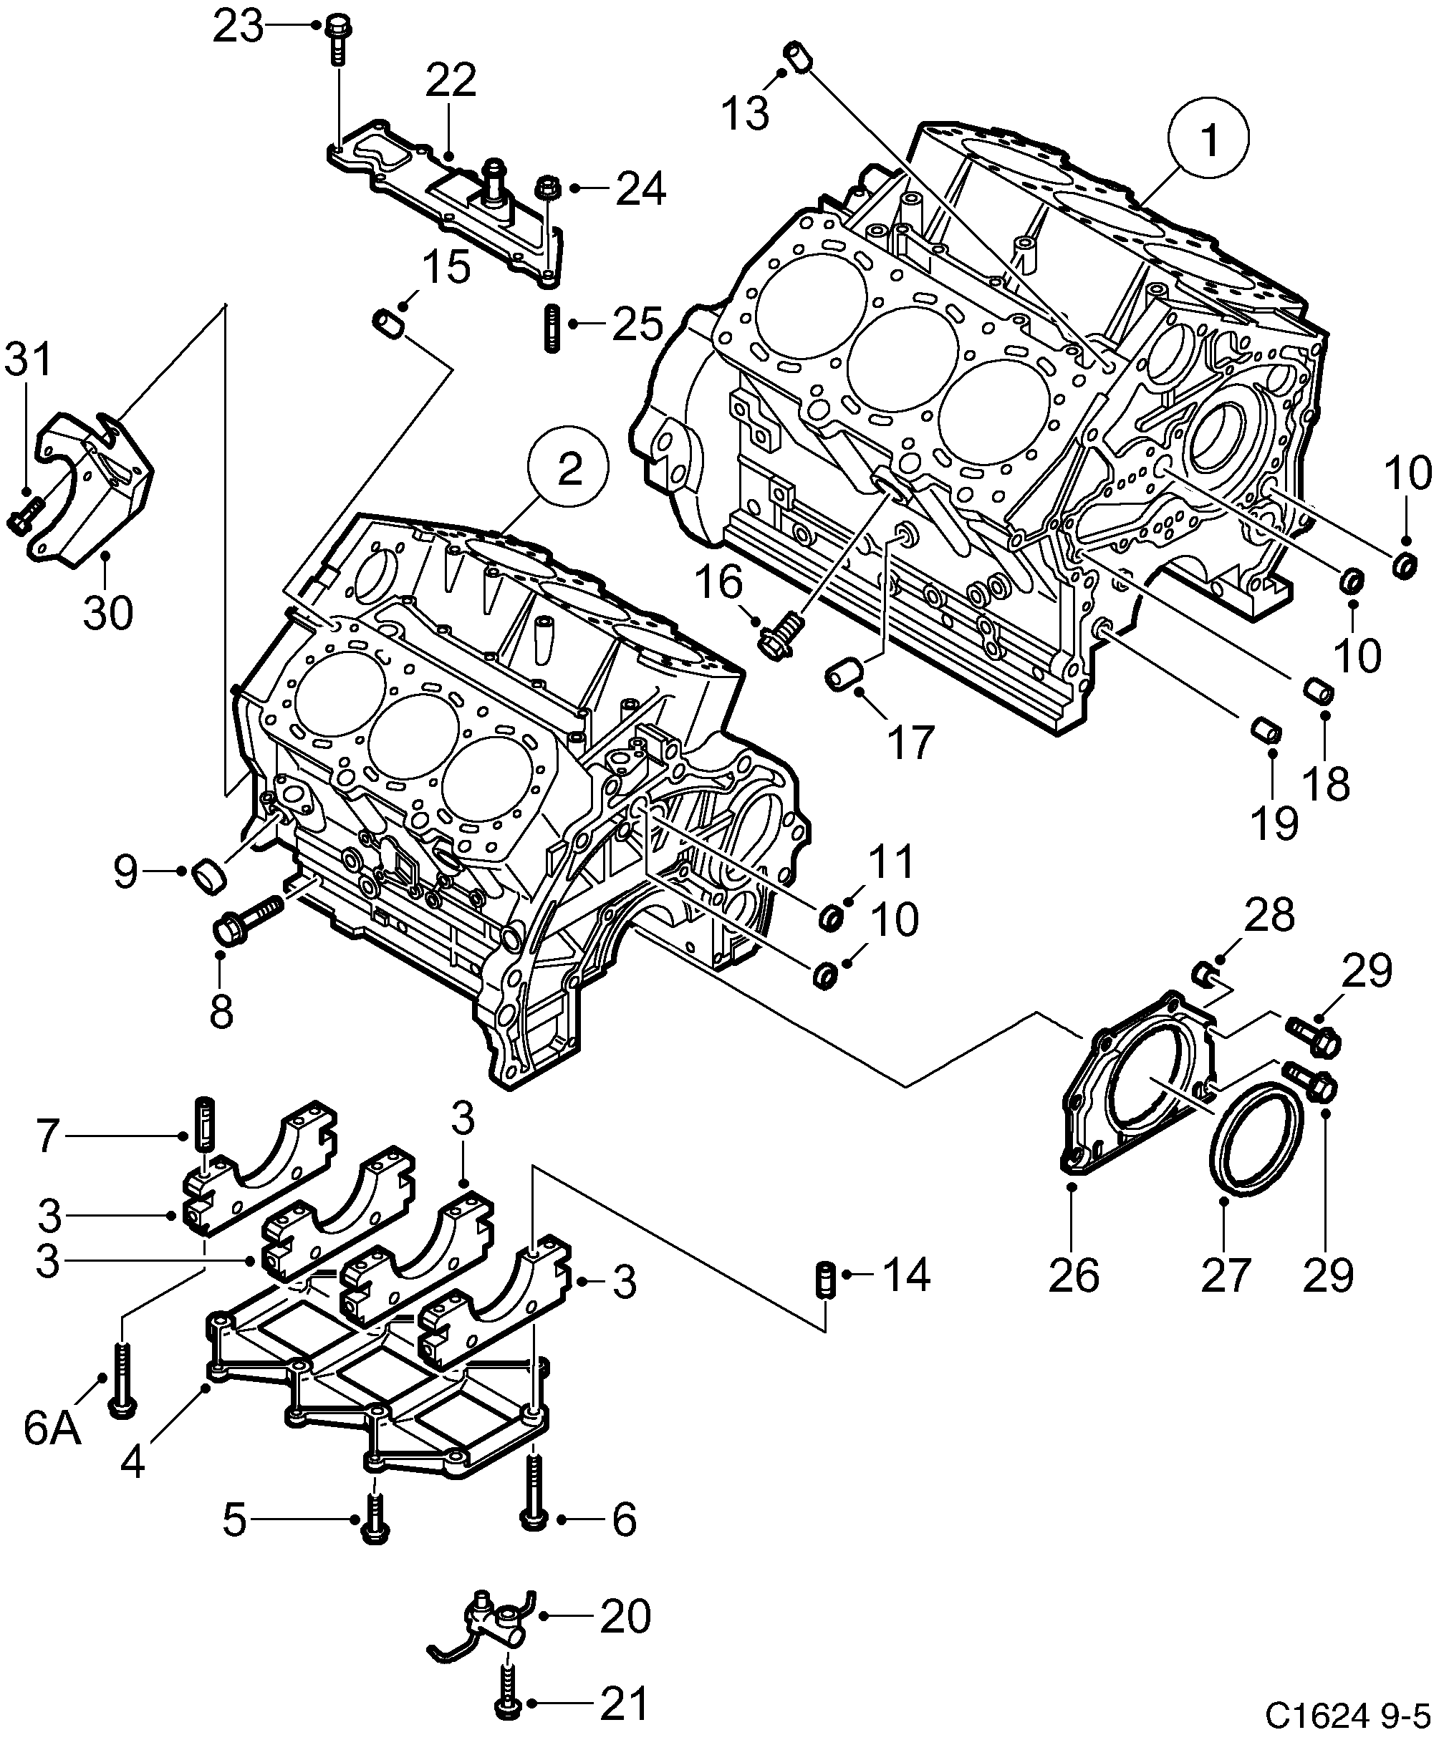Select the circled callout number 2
point(569,470)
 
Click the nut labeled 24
point(548,188)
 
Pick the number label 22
point(452,81)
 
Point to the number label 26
point(1074,1274)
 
